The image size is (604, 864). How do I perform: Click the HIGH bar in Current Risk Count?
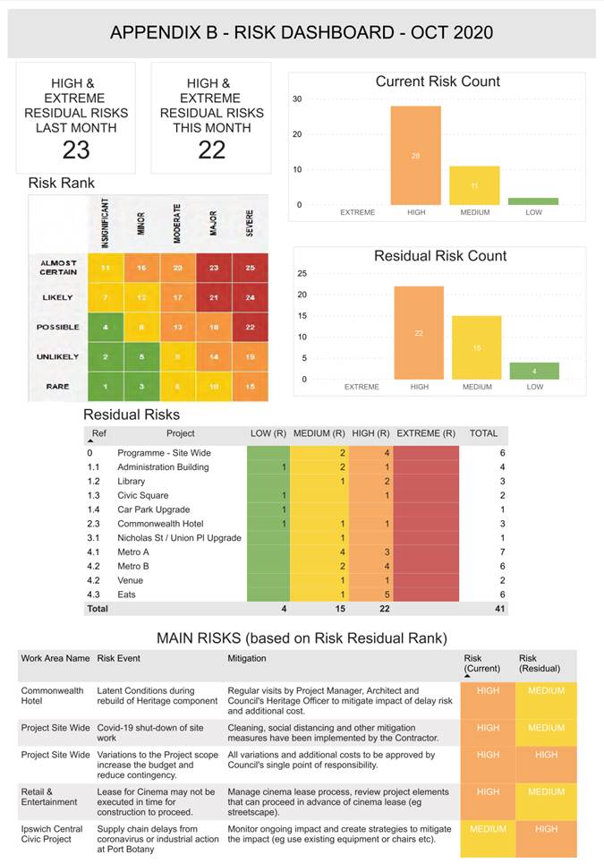pos(415,156)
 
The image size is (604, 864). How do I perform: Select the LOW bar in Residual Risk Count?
pos(535,371)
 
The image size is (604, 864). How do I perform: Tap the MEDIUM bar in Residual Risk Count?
pos(477,347)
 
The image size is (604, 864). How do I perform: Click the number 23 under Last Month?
pos(76,150)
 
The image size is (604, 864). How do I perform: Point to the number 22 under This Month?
pos(212,150)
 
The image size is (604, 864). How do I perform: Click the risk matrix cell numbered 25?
pos(250,267)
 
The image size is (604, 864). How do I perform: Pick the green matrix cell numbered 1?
pos(105,386)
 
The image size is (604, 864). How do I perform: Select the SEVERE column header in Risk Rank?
pos(250,224)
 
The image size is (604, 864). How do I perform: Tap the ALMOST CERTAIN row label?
pos(58,267)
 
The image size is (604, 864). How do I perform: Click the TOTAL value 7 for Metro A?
pos(504,552)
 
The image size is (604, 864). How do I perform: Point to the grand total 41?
pos(502,609)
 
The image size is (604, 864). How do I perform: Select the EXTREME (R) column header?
pos(425,433)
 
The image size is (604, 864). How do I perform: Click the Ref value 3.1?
pos(93,538)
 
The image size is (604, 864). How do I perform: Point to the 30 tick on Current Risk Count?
pos(298,98)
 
